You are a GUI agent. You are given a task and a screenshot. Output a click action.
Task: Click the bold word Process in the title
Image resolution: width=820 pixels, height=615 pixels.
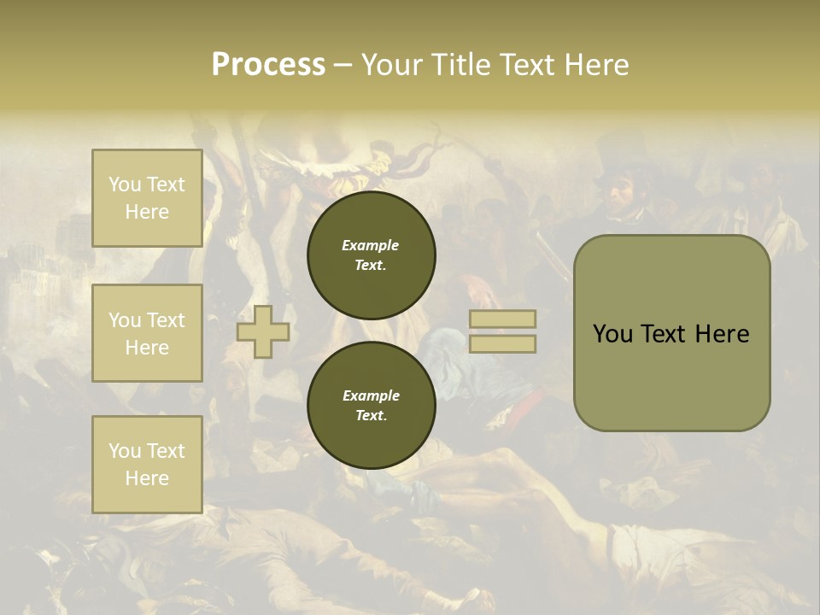pyautogui.click(x=268, y=65)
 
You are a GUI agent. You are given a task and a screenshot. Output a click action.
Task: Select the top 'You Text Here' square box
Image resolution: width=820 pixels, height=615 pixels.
pyautogui.click(x=147, y=198)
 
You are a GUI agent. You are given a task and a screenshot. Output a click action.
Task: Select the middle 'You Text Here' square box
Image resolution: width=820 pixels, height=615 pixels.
pyautogui.click(x=147, y=333)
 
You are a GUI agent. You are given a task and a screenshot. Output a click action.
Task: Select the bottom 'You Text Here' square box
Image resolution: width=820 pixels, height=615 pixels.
pyautogui.click(x=147, y=464)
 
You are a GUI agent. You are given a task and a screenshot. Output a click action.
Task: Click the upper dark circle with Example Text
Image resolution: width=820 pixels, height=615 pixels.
pyautogui.click(x=372, y=255)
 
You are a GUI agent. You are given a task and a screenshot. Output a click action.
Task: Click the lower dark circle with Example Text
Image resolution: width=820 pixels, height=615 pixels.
pyautogui.click(x=372, y=405)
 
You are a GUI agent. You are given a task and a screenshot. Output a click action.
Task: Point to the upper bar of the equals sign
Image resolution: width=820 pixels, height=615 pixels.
pyautogui.click(x=502, y=319)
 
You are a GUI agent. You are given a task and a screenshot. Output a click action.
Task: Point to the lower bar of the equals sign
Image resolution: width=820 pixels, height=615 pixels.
pyautogui.click(x=502, y=343)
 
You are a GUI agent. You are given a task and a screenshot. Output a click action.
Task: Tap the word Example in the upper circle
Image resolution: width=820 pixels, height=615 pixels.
pyautogui.click(x=370, y=245)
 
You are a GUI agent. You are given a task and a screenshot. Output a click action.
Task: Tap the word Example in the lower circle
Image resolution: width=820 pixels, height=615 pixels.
pyautogui.click(x=370, y=395)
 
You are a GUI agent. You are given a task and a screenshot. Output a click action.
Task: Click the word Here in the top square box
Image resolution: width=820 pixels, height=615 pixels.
pyautogui.click(x=147, y=212)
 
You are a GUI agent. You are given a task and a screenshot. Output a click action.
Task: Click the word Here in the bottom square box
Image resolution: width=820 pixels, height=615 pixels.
pyautogui.click(x=147, y=478)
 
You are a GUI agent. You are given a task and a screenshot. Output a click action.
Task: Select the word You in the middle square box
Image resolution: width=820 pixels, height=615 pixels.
pyautogui.click(x=123, y=320)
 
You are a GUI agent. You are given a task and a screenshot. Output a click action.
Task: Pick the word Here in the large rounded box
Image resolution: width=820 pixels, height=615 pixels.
pyautogui.click(x=722, y=334)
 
